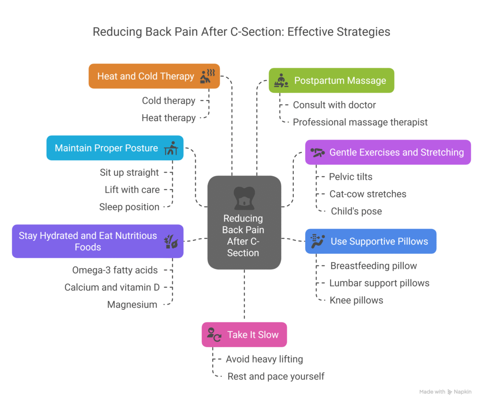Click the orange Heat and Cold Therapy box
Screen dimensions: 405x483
click(x=154, y=76)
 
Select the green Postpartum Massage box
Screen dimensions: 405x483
click(x=331, y=80)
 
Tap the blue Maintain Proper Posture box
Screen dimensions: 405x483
click(x=115, y=148)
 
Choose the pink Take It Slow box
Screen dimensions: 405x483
click(x=244, y=335)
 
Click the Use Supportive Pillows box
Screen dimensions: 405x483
click(x=370, y=241)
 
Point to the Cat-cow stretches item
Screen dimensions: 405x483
click(x=367, y=194)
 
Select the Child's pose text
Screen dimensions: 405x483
click(x=356, y=211)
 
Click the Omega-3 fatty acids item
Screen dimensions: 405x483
click(x=115, y=270)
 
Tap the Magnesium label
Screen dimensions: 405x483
click(x=132, y=305)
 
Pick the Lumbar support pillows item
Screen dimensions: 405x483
click(x=379, y=283)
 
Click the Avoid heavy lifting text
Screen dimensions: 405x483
click(x=264, y=359)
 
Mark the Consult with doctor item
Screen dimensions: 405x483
click(x=334, y=105)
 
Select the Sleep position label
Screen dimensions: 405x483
click(x=129, y=207)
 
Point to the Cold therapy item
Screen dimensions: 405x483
click(x=168, y=100)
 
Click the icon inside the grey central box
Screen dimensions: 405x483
click(x=244, y=198)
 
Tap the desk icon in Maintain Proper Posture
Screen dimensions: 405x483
click(x=171, y=148)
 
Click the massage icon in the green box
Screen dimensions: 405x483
click(x=281, y=80)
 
